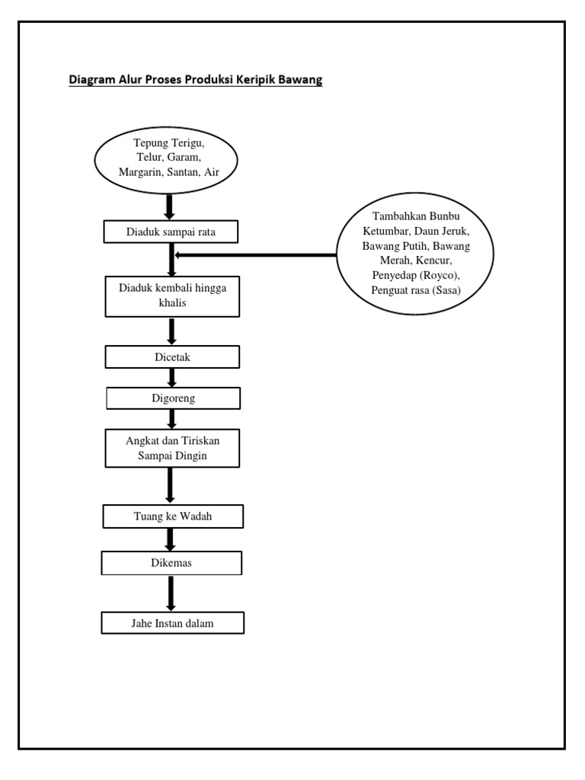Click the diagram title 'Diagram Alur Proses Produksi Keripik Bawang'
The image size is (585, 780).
click(196, 80)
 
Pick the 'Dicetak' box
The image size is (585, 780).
click(172, 356)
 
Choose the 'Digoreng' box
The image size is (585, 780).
click(172, 398)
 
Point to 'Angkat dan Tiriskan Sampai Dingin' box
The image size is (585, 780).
click(172, 448)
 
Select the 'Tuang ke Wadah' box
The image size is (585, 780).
click(172, 517)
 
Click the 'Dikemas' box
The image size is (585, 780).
click(172, 563)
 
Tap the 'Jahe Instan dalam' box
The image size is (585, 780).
click(172, 623)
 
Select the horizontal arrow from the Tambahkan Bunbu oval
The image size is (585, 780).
click(255, 255)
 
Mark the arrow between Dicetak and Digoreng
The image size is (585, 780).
click(172, 377)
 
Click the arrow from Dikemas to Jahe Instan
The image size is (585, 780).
click(171, 593)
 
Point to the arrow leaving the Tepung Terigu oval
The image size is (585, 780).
click(171, 206)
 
